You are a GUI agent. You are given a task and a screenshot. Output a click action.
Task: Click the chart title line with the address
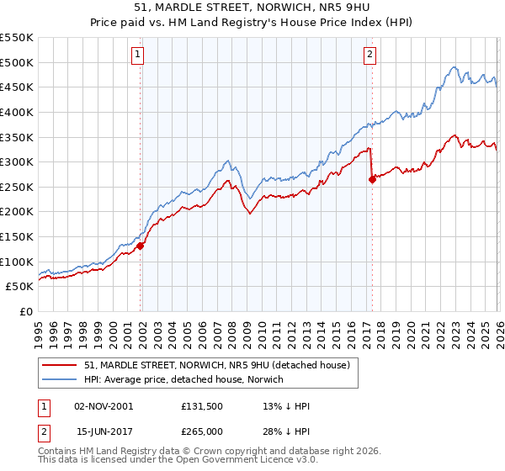(252, 9)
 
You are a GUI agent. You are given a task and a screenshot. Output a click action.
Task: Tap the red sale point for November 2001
(141, 246)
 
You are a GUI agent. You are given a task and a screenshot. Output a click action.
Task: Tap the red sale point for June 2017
(372, 179)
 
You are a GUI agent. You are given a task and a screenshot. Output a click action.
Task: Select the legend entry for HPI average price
(184, 379)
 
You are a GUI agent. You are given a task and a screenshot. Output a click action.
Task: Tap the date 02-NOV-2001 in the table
(104, 406)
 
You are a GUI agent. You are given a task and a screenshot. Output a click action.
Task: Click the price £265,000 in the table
(202, 431)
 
